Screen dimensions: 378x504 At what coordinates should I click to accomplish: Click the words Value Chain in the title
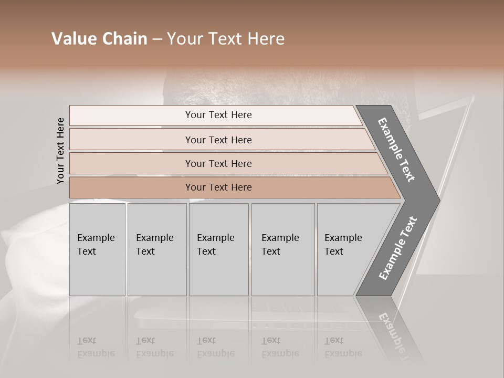tap(99, 39)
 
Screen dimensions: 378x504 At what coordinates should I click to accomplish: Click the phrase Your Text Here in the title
tap(226, 39)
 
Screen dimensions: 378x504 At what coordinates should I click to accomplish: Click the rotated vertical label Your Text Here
tap(60, 151)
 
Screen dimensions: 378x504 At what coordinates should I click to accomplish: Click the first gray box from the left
tap(97, 249)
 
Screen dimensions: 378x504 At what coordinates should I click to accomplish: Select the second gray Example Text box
tap(156, 249)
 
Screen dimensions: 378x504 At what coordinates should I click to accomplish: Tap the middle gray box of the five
tap(218, 249)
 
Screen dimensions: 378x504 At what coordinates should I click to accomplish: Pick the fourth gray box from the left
tap(283, 249)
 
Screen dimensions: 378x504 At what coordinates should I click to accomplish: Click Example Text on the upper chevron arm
tap(396, 150)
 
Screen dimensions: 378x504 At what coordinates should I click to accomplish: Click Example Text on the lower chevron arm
tap(398, 248)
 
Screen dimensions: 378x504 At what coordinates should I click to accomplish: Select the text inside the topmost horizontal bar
tap(218, 115)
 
